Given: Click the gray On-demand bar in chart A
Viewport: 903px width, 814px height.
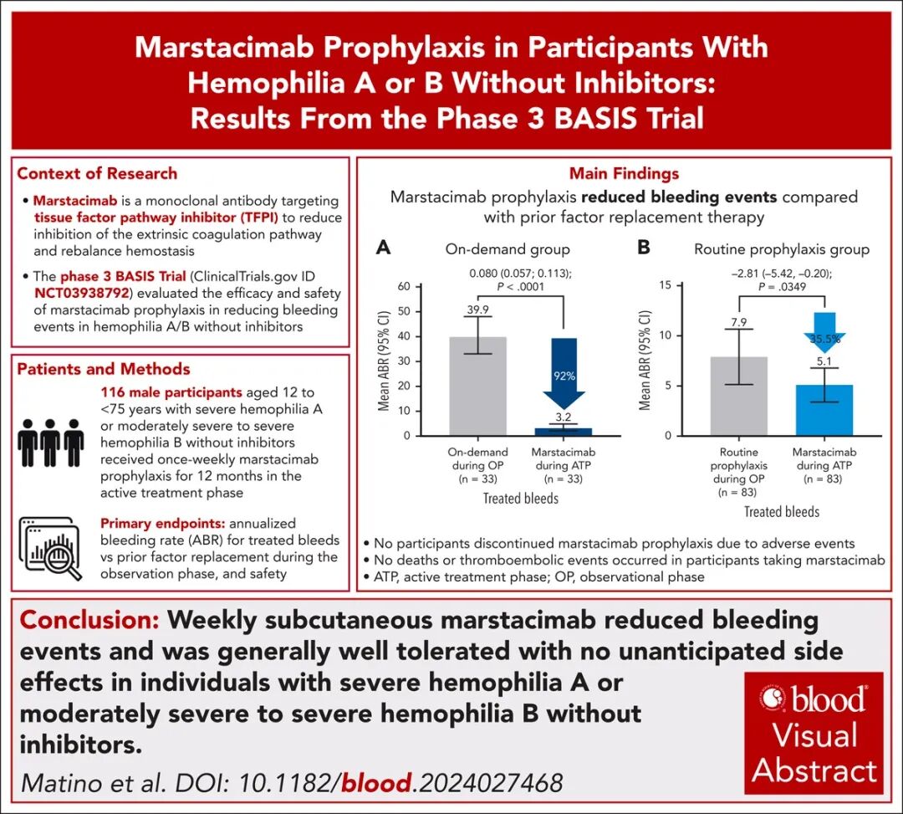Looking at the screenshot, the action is pos(477,386).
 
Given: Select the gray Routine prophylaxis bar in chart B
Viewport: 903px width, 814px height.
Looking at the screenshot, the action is pos(739,397).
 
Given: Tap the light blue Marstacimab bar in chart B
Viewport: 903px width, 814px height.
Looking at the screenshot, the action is pos(824,410).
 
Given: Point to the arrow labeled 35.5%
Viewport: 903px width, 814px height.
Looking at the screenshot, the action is pos(824,332).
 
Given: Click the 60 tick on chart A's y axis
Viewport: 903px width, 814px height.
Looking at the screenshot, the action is pos(404,286).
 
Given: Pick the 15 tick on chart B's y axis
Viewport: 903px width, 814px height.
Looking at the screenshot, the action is pos(666,285).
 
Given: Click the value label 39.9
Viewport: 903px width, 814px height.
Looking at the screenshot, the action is pos(477,310).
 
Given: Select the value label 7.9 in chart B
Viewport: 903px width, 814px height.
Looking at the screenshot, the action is pos(739,322).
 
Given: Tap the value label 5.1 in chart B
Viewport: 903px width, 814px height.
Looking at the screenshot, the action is pos(824,361).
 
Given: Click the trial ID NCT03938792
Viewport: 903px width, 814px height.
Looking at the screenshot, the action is pos(81,294).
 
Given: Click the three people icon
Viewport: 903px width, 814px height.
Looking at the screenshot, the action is pos(51,443).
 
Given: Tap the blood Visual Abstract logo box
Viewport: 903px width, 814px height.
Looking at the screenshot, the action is pos(814,734).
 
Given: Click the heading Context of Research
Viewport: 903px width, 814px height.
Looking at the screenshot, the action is pos(97,173).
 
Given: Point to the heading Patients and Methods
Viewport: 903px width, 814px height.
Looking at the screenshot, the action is pos(104,369).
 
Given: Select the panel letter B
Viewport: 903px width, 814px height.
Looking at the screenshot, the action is pos(644,248).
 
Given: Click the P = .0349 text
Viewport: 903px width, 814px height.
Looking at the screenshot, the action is pos(782,286).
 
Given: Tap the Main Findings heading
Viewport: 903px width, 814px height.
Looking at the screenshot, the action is pos(624,173).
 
